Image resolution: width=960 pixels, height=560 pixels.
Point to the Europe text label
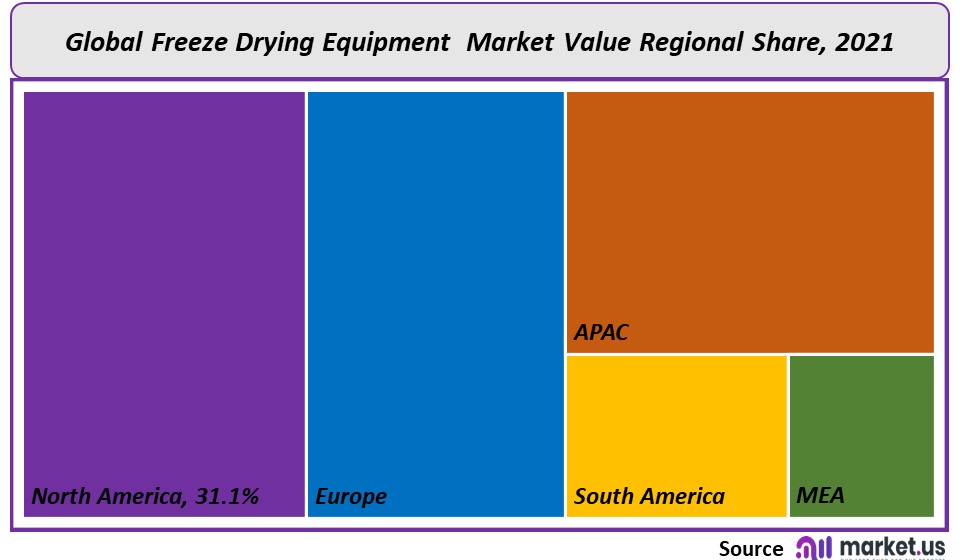351,496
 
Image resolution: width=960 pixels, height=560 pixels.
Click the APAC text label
601,333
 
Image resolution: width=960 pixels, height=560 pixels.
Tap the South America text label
649,496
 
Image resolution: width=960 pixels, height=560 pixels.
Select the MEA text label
820,496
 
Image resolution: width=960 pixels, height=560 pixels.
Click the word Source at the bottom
751,548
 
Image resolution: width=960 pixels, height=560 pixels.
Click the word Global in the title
105,42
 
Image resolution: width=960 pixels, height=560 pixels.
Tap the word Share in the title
787,42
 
